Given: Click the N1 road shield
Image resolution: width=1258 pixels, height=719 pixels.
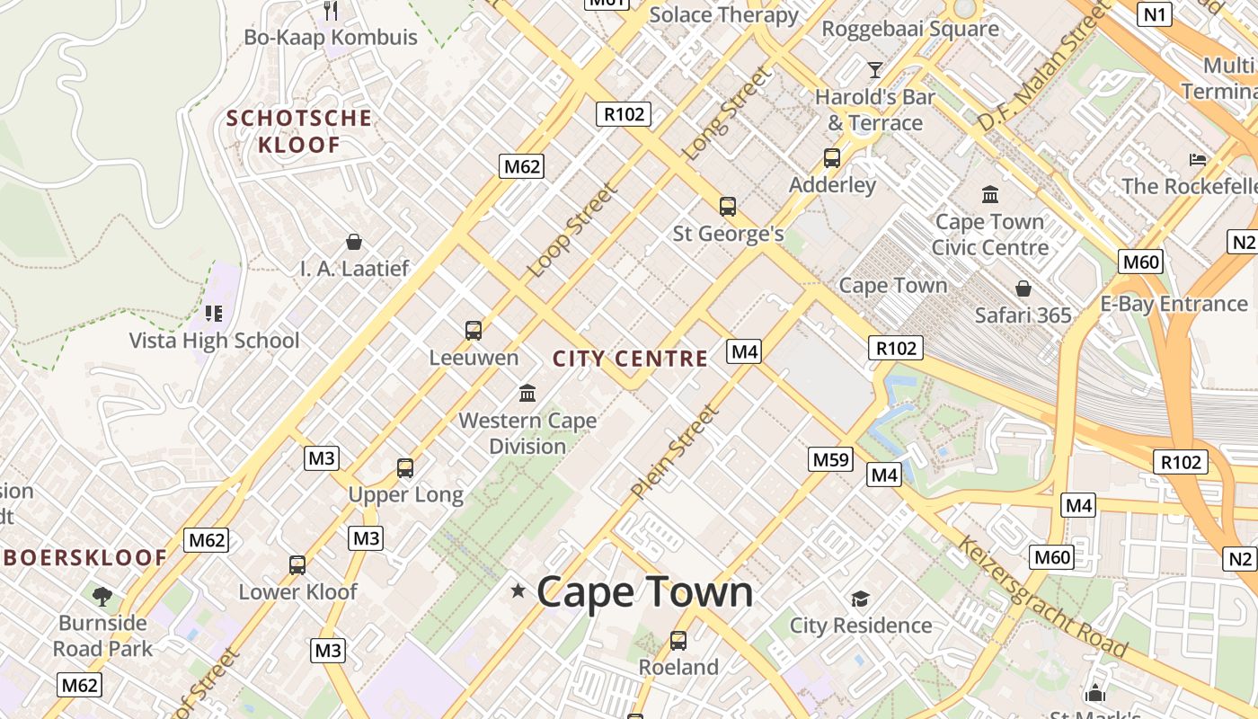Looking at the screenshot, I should (x=1155, y=13).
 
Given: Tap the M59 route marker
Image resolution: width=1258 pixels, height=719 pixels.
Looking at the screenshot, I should (x=830, y=460).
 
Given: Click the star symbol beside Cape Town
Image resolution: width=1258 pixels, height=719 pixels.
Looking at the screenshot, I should (x=518, y=590).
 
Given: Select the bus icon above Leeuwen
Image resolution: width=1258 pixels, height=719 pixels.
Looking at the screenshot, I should (x=474, y=331).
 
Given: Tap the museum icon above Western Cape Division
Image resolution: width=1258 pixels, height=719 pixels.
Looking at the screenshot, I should (x=527, y=393).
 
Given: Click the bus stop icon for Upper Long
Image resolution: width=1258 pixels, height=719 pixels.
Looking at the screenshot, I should (x=405, y=468).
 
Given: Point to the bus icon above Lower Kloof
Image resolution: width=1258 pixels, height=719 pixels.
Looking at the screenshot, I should (x=297, y=565).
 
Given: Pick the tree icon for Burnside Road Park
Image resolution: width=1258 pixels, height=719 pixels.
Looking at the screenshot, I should (x=102, y=595).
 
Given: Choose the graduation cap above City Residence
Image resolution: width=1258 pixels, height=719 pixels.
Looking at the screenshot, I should (x=860, y=599).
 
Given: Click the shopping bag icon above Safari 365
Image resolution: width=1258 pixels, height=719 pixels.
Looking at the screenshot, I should (x=1023, y=288).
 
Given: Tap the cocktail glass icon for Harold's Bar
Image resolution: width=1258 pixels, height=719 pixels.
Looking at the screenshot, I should (x=874, y=69).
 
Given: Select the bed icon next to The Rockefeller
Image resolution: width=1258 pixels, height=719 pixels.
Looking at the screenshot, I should (x=1198, y=160).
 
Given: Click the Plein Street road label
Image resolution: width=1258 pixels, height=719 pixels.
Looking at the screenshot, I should (x=675, y=452).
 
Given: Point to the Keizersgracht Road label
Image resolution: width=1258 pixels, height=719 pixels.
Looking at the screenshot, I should (x=1041, y=596).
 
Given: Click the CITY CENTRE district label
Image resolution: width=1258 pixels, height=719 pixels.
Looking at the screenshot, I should (x=630, y=359).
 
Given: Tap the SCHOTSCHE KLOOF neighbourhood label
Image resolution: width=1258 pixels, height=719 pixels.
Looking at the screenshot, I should (x=299, y=131).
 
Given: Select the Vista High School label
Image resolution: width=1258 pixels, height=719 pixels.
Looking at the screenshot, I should (x=214, y=341).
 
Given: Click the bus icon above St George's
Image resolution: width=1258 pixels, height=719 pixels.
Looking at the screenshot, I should (x=728, y=207).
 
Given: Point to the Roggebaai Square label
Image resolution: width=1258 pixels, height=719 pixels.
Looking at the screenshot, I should (x=910, y=29).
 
